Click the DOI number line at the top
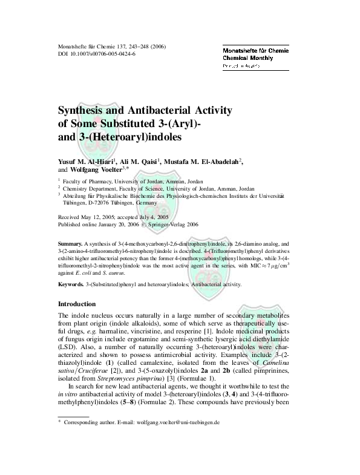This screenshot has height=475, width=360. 96,54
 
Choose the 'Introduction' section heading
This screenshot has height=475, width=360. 76,304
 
